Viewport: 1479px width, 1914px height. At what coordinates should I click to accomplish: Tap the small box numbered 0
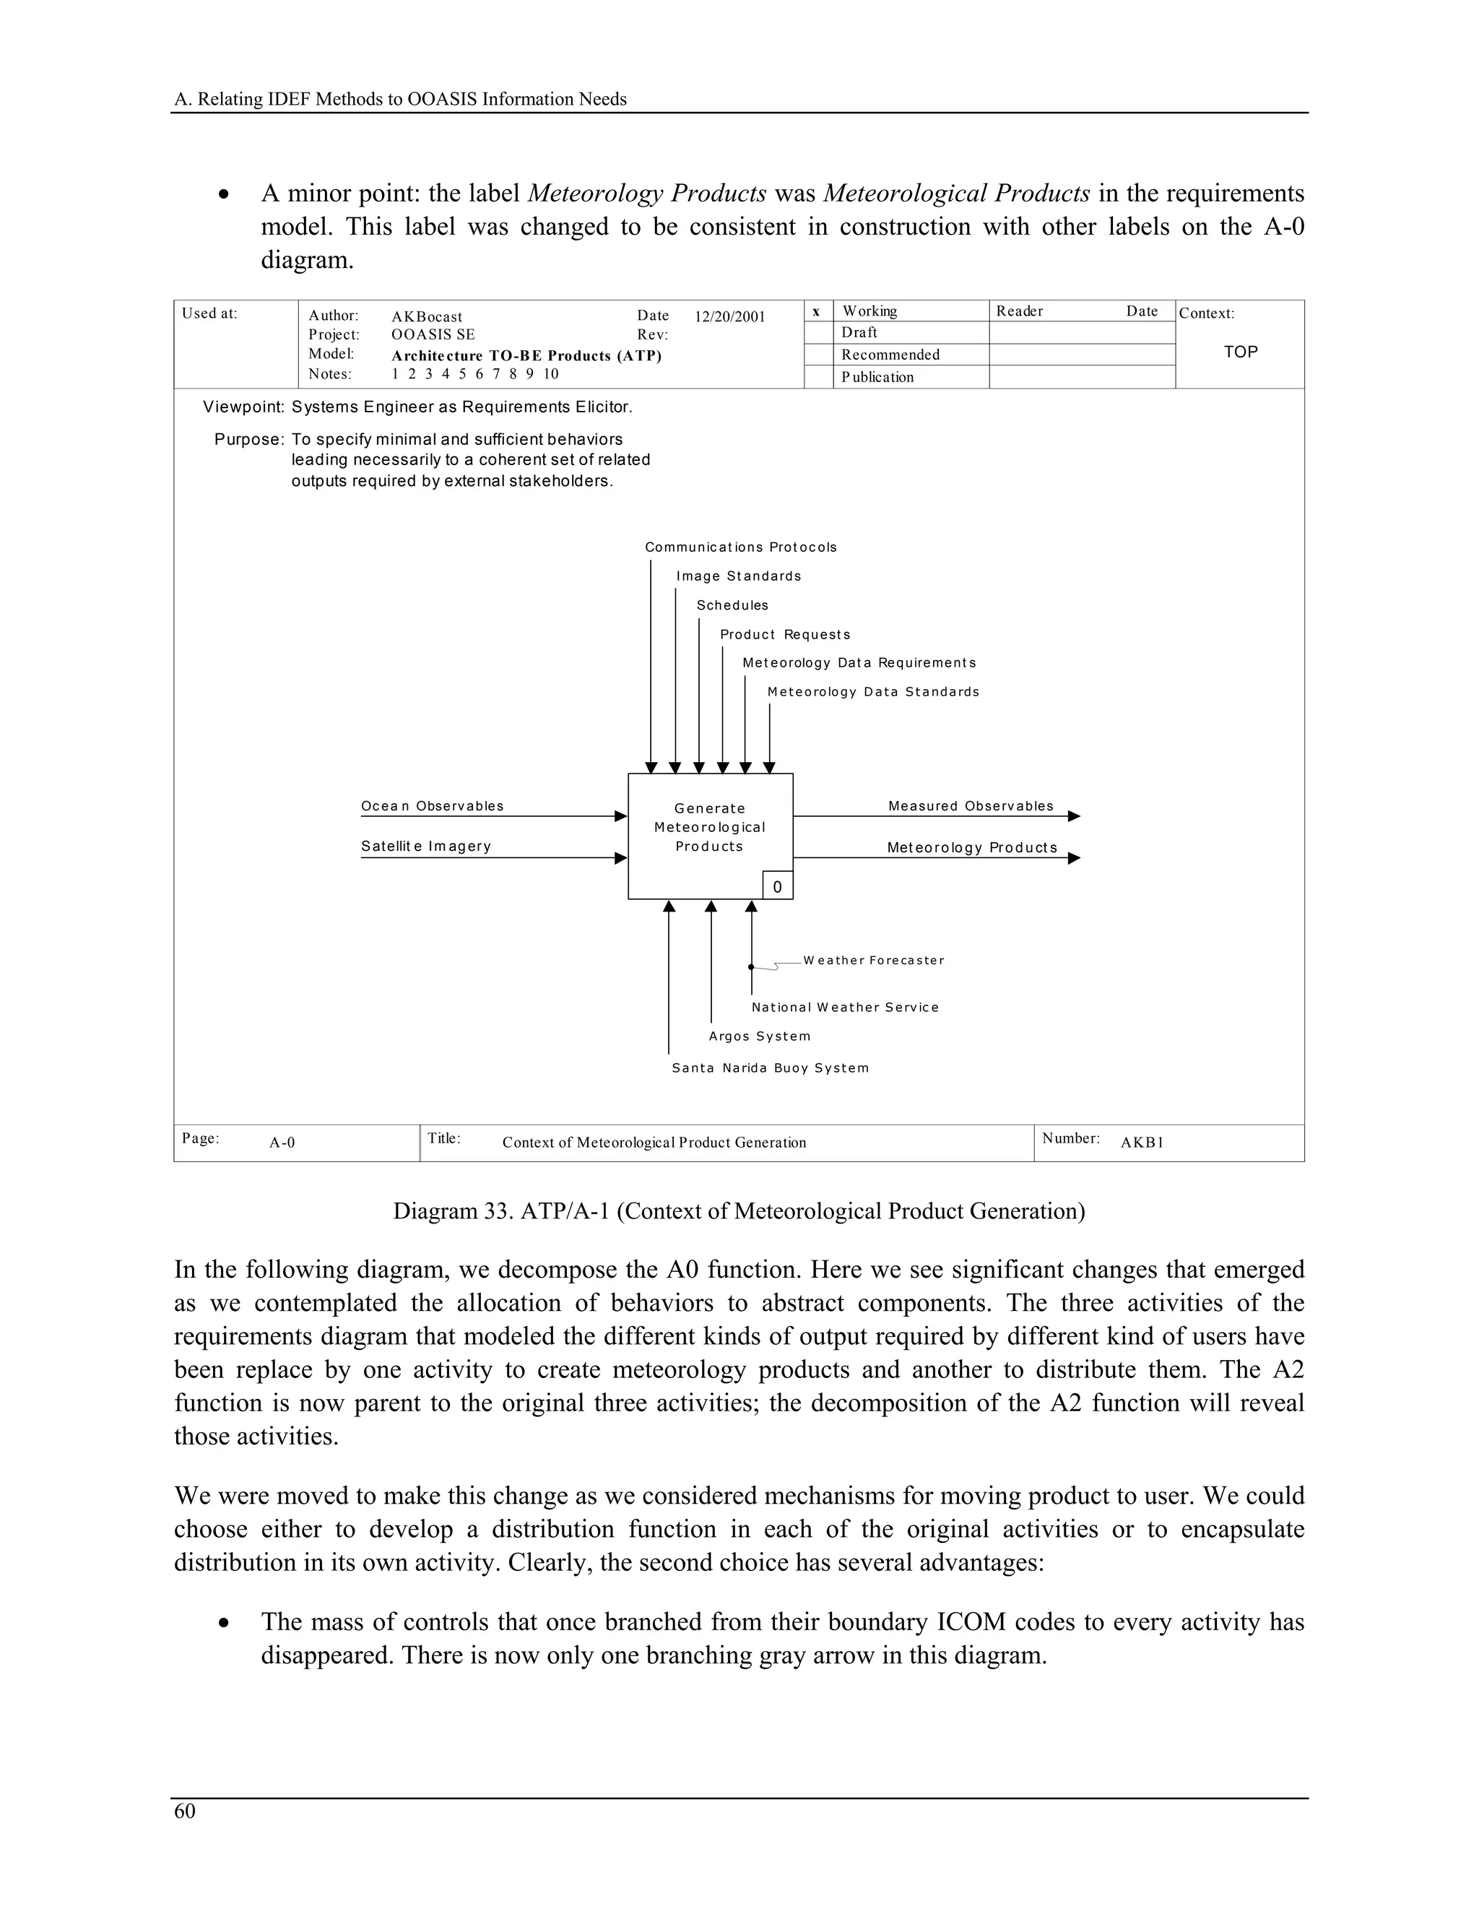pos(777,886)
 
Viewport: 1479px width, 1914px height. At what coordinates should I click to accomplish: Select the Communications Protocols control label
pos(740,547)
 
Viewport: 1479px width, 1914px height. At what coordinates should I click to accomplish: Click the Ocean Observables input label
pos(432,805)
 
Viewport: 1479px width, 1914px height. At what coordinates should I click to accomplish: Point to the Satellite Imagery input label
pos(426,846)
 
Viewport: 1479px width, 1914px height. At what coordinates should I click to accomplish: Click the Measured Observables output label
pos(971,805)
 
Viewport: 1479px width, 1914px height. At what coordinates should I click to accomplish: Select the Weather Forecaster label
pos(874,960)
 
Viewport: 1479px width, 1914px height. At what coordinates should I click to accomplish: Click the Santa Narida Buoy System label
pos(770,1068)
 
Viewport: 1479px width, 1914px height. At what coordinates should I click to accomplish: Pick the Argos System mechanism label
pos(760,1036)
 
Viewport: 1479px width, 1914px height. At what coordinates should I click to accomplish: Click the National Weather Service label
pos(845,1007)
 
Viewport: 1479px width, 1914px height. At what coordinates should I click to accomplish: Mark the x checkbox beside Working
pos(817,311)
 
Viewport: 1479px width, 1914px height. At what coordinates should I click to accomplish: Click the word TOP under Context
pos(1240,352)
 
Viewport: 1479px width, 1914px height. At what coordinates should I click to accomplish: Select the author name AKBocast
pos(427,316)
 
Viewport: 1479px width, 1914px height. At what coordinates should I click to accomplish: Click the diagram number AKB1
pos(1142,1142)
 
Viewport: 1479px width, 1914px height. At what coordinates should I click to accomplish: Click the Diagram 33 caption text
pos(739,1211)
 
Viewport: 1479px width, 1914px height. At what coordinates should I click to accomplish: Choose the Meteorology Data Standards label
pos(872,691)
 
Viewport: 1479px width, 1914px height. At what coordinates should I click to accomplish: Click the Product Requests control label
pos(785,634)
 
